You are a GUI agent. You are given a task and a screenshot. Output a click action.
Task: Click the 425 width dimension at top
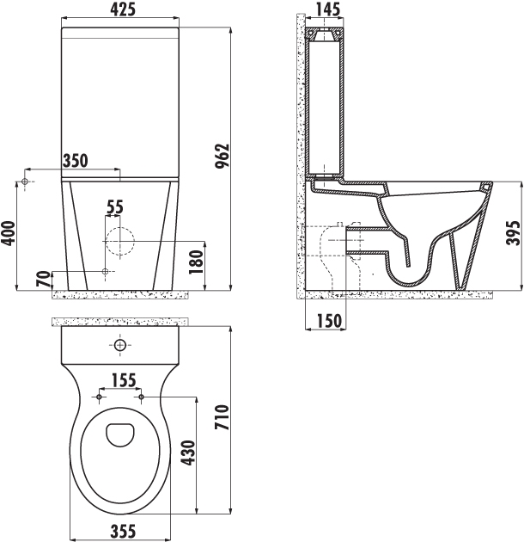[123, 9]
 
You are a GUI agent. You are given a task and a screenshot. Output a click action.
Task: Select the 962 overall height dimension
[222, 156]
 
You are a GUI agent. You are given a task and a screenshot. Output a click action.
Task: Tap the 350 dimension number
[76, 161]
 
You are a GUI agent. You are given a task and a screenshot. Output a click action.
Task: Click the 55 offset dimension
[114, 207]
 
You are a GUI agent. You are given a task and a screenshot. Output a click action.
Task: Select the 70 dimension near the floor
[43, 279]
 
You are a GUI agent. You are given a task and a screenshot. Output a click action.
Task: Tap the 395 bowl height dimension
[514, 233]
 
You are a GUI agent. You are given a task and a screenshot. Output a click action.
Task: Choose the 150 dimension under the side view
[329, 321]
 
